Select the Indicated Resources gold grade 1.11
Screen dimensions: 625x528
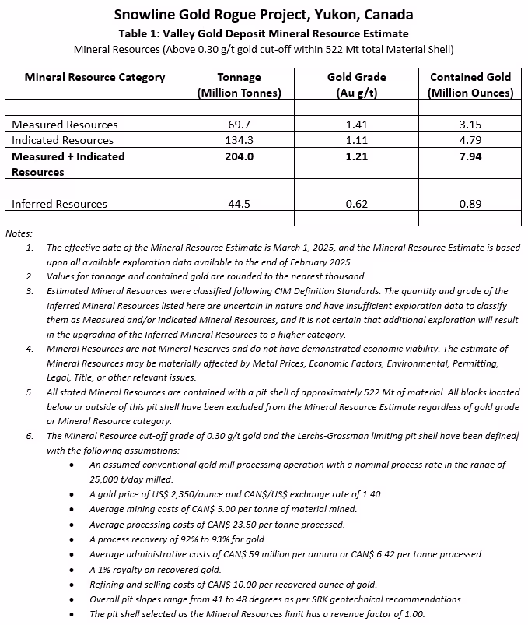(357, 140)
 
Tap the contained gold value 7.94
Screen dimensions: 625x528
(470, 156)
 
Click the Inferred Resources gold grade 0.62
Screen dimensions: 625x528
(357, 204)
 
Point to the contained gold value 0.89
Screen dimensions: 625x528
(470, 204)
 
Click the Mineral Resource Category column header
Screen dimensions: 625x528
(95, 77)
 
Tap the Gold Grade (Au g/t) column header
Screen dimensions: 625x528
(357, 85)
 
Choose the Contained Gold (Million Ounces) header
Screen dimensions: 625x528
(470, 85)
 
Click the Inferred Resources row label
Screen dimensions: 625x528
(59, 204)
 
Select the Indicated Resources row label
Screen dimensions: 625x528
(62, 140)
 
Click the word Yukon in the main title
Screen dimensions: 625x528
(330, 15)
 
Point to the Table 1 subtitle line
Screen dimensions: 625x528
(264, 33)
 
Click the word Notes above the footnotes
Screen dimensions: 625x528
(19, 233)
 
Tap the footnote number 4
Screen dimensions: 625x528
(30, 349)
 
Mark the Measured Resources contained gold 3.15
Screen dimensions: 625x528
(470, 125)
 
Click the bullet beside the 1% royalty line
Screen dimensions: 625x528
(72, 569)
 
